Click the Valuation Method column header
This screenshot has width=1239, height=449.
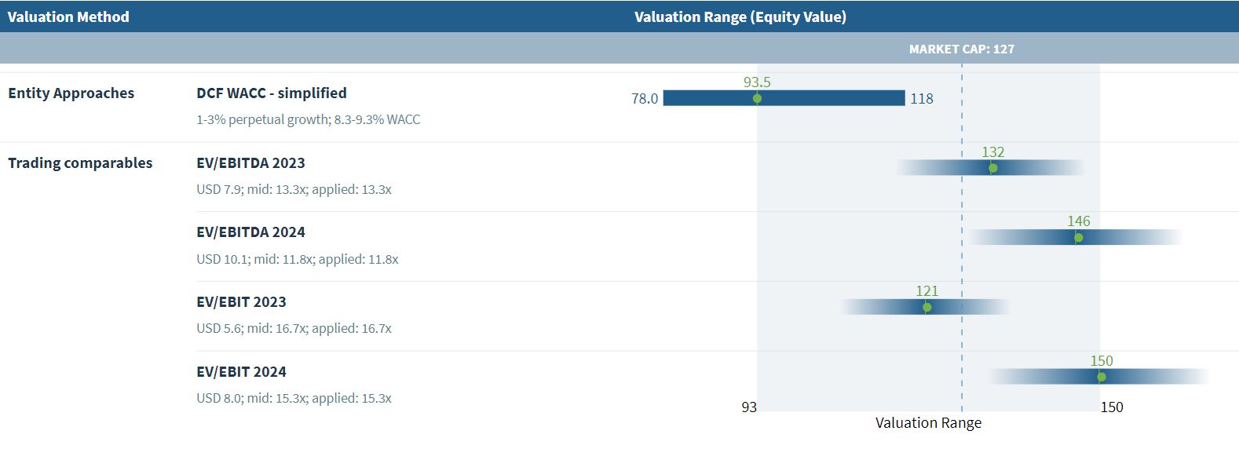tap(68, 16)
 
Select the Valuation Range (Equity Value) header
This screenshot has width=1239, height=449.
tap(740, 16)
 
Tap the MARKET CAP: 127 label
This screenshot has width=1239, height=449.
tap(961, 49)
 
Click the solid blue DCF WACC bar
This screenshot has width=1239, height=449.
tap(824, 98)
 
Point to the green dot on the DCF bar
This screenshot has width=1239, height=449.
tap(757, 98)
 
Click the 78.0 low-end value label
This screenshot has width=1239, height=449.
tap(645, 98)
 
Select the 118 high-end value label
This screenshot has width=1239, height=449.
tap(922, 98)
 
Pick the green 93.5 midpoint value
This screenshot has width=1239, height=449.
tap(757, 82)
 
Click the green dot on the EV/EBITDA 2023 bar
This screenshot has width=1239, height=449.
tap(992, 168)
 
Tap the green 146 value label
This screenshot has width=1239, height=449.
tap(1079, 221)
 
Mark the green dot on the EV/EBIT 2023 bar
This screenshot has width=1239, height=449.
tap(927, 307)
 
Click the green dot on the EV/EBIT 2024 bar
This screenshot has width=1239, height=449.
tap(1102, 377)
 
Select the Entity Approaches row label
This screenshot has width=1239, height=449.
tap(71, 93)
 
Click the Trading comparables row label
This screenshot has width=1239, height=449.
tap(80, 162)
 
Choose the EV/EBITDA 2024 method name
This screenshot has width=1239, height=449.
tap(250, 232)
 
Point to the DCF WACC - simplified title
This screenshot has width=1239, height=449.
tap(271, 93)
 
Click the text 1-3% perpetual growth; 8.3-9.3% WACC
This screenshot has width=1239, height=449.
tap(308, 119)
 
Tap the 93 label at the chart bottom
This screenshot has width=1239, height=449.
tap(749, 407)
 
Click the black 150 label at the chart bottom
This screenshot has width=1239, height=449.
tap(1111, 407)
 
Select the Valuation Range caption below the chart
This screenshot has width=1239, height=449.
tap(928, 422)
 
